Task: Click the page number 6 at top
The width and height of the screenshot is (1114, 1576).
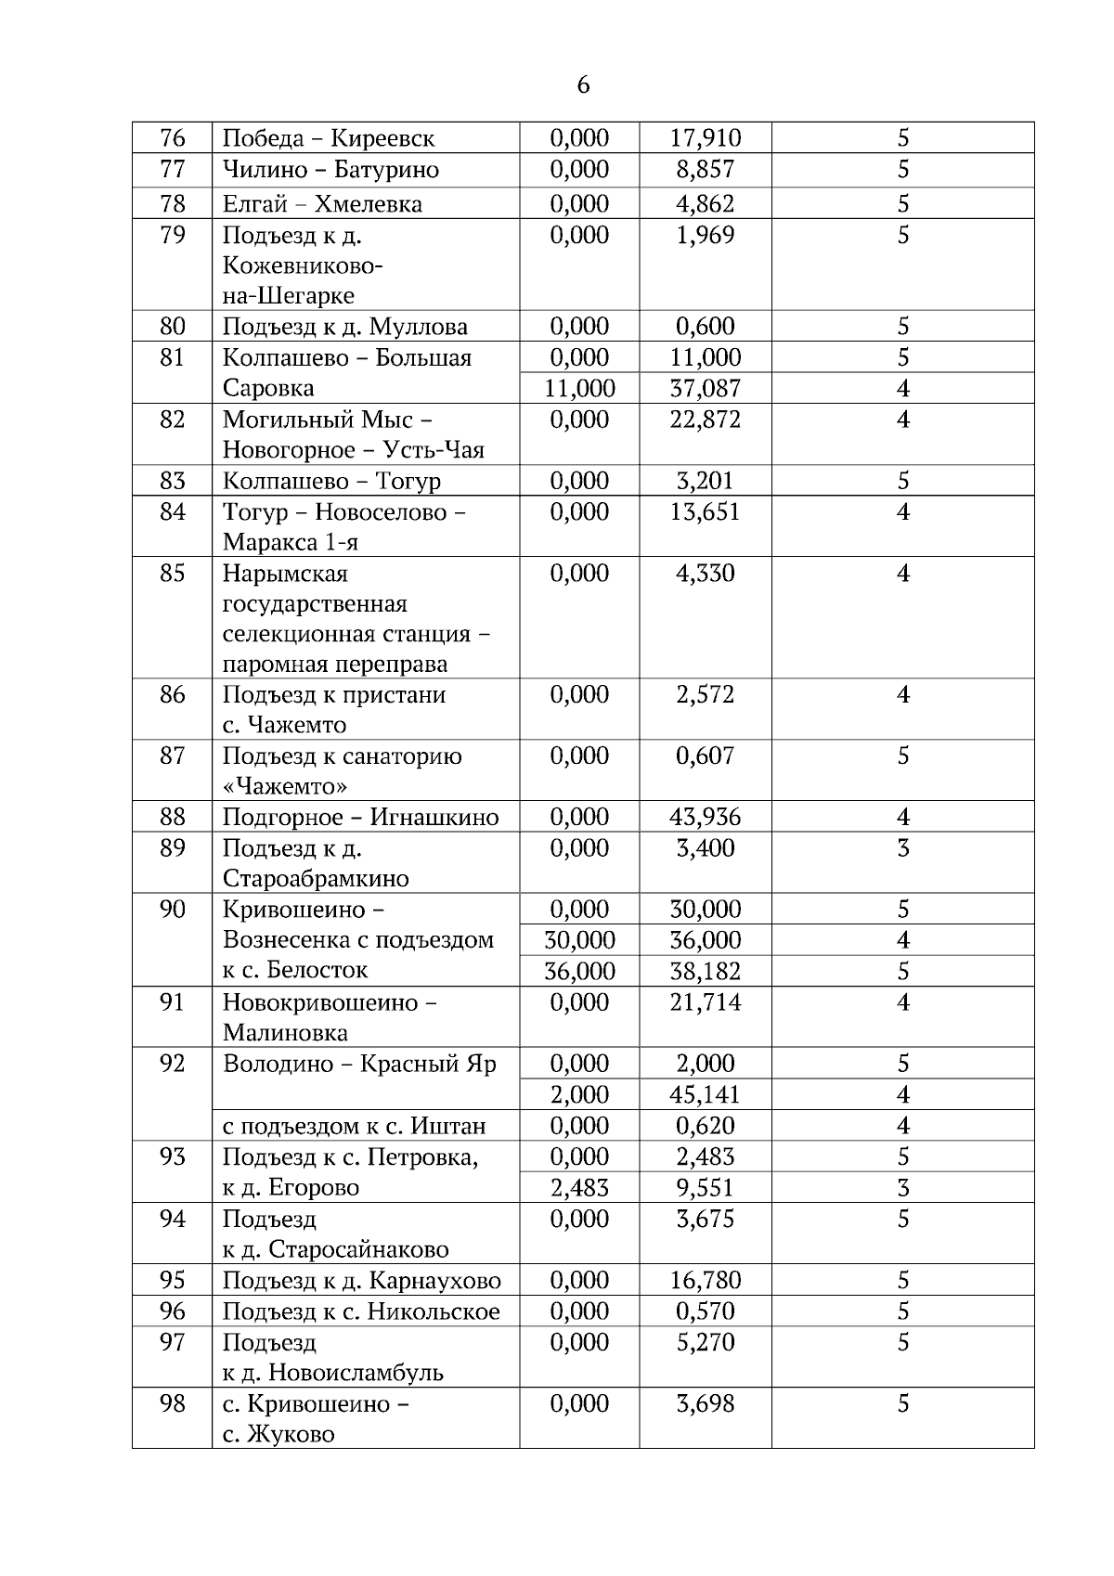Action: (582, 85)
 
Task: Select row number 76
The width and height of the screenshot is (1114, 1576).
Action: (173, 138)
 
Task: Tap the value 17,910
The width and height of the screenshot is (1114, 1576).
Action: (706, 138)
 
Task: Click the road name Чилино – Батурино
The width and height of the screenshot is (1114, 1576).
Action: (330, 170)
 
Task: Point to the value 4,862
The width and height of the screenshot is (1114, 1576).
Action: (706, 203)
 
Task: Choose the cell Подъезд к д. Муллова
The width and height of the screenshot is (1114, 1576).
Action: (345, 327)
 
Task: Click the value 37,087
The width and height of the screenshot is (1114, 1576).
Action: (706, 388)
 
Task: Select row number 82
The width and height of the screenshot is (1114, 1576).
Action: (173, 420)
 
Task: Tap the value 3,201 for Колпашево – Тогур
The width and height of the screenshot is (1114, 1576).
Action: (706, 481)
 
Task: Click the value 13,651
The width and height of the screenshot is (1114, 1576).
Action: (706, 511)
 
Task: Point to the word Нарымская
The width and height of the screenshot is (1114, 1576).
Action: (285, 574)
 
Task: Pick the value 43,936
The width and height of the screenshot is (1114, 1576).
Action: (706, 817)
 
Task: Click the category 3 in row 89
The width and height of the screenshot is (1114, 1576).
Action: (903, 847)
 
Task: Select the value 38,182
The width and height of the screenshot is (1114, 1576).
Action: (706, 971)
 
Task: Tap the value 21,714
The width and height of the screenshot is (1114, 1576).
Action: (706, 1002)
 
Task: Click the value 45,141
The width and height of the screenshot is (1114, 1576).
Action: (706, 1094)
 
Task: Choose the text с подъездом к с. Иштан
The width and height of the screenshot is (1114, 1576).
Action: (355, 1126)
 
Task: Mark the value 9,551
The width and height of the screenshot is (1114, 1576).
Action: (706, 1187)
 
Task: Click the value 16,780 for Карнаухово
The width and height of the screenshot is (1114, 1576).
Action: (706, 1280)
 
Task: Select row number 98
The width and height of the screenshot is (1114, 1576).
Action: (173, 1403)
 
